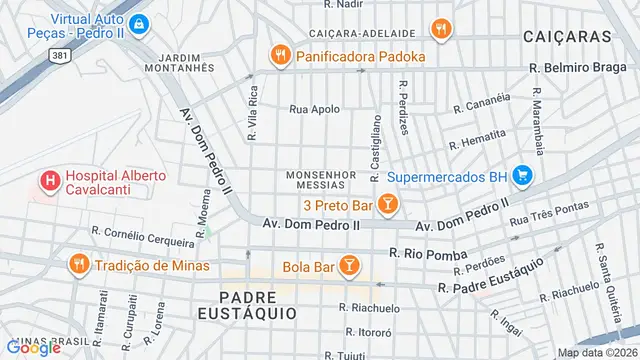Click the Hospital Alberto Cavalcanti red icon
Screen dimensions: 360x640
pos(47,182)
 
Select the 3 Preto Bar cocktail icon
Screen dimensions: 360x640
pos(387,206)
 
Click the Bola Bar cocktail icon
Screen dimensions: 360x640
pos(348,265)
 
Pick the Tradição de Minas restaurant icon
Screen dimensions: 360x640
pos(78,265)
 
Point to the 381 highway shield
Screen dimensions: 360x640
pos(61,56)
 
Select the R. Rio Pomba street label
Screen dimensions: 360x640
pos(428,255)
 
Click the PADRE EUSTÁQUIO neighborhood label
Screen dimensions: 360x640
pos(257,304)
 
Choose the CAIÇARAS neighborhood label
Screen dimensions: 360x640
pos(566,36)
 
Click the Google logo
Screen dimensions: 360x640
pos(33,347)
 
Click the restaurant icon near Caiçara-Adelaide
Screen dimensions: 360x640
pos(438,28)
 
